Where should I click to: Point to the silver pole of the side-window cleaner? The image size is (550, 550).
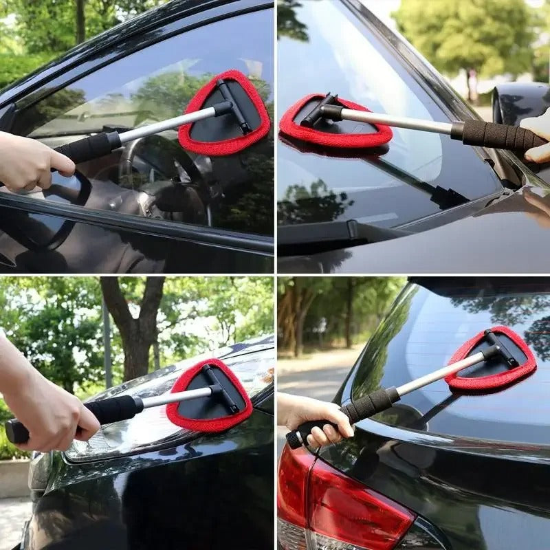point(165,124)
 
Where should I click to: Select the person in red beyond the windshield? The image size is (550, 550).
point(472,82)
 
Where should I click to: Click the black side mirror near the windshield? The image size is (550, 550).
point(519,103)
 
